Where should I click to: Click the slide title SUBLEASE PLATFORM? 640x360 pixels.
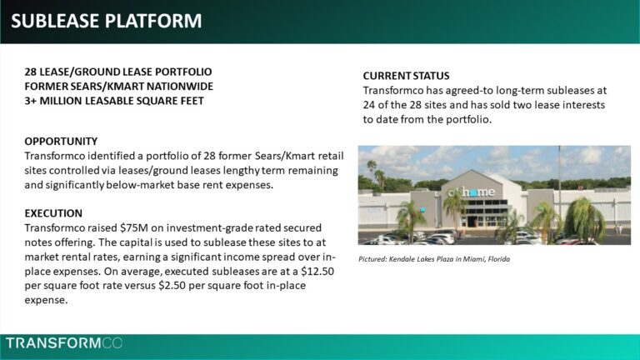click(106, 21)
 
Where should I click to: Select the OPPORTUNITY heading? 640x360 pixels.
click(61, 141)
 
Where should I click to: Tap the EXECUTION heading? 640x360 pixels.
click(53, 212)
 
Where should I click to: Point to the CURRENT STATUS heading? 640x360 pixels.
click(406, 76)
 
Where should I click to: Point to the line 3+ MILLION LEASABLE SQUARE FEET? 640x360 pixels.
click(114, 101)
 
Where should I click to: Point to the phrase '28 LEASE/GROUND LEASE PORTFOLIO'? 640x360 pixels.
click(118, 72)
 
